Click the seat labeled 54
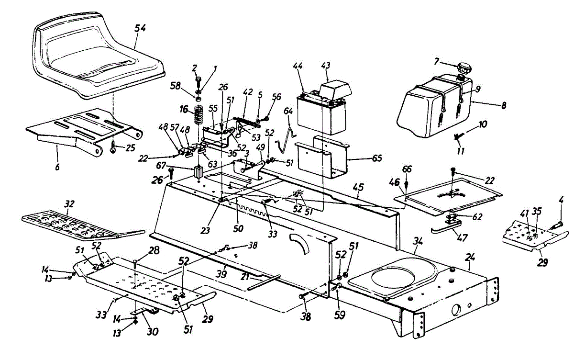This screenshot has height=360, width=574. click(x=96, y=57)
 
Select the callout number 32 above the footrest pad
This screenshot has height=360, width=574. click(x=69, y=203)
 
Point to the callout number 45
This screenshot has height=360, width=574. click(x=358, y=188)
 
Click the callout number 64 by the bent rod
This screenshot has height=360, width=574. click(x=287, y=112)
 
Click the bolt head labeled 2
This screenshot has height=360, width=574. click(x=197, y=79)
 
